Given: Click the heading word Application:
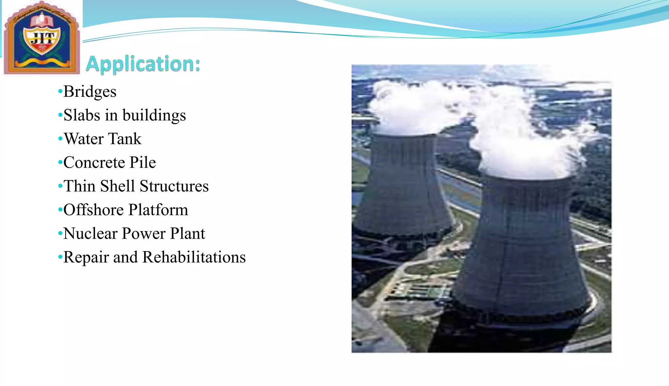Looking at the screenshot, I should coord(143,64).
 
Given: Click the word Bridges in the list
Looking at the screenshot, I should coord(90,92).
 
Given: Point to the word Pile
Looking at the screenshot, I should coord(143,163).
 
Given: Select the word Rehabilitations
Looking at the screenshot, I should coord(194,257).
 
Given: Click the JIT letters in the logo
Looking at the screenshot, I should coord(42,39).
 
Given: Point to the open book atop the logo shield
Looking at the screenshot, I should coord(42,20).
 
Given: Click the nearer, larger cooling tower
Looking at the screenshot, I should coord(523,248).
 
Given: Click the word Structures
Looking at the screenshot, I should coord(174,186).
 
